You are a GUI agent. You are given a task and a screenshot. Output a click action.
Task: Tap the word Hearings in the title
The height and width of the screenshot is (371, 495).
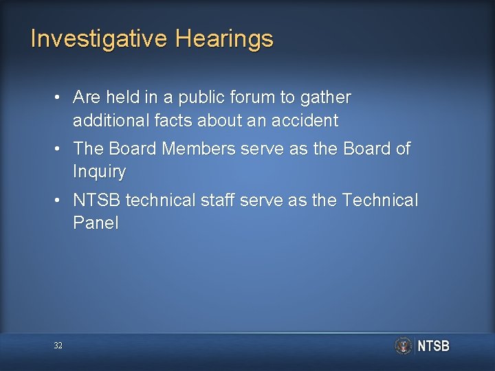click(224, 40)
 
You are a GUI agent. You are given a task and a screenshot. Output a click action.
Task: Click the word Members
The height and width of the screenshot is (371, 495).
click(197, 148)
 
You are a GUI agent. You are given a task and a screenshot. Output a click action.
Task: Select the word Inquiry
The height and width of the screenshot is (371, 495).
click(99, 172)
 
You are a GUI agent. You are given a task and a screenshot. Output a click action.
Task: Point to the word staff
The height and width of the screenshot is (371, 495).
click(226, 200)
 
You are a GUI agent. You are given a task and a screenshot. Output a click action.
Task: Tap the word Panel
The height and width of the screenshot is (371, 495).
click(96, 223)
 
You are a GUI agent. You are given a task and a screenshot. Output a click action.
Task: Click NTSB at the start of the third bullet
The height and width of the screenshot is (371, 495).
click(98, 200)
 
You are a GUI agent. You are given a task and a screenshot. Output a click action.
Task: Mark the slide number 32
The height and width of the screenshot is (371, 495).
click(58, 346)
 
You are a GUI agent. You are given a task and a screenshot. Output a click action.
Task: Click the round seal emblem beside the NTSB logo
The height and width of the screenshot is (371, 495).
click(403, 346)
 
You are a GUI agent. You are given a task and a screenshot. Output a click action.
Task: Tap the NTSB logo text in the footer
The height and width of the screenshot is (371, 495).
click(433, 346)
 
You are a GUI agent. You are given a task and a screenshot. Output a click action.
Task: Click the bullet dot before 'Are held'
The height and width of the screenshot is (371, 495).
click(60, 98)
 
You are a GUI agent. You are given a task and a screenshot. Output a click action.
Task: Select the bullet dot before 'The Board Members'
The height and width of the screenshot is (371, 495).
click(60, 148)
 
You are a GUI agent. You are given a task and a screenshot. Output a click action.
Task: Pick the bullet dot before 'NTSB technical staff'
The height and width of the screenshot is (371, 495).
click(60, 200)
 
